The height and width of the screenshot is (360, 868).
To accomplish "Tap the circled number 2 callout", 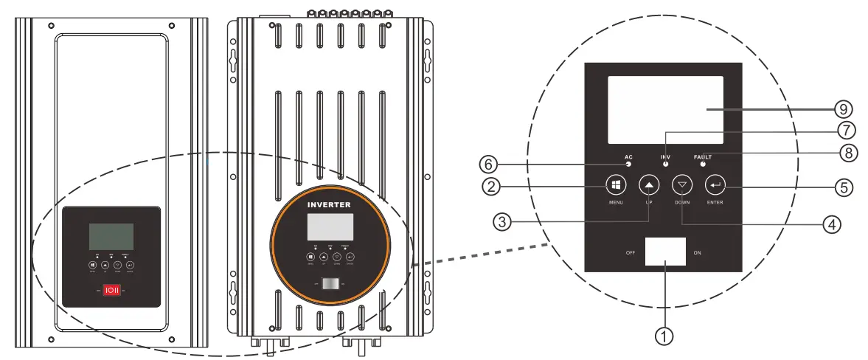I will [x=491, y=186].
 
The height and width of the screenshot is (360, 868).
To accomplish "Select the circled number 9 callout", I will [x=844, y=109].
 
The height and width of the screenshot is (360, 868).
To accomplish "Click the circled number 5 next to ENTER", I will [x=844, y=187].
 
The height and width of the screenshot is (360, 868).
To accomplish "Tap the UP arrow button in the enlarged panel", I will [x=647, y=184].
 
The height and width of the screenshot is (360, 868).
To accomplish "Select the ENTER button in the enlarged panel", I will [x=715, y=184].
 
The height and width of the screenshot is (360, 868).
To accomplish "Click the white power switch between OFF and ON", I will [x=664, y=252].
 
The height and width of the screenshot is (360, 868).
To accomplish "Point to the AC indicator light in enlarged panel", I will [x=628, y=165].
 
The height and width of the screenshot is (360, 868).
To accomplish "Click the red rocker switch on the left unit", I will [x=109, y=291].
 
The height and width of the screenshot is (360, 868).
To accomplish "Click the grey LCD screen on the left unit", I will [x=111, y=236].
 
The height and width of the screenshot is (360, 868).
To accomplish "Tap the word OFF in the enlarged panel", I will [x=630, y=252].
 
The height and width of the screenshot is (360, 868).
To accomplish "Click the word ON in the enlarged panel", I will [x=697, y=252].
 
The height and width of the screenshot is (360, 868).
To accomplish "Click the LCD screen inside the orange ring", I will [x=330, y=227].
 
